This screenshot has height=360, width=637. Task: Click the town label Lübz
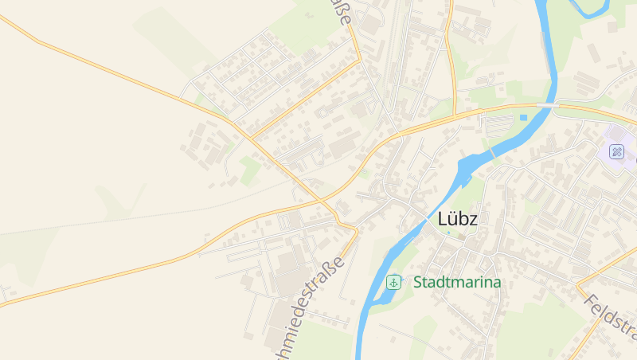(x=458, y=219)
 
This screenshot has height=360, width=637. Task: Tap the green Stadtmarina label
(x=457, y=282)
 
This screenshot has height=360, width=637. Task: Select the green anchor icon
(x=393, y=282)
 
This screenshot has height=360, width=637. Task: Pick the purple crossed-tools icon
(x=616, y=151)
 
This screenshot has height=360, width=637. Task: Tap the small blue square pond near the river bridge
(x=523, y=118)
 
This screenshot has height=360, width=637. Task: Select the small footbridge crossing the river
(x=492, y=151)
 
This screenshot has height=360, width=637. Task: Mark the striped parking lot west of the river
(x=499, y=125)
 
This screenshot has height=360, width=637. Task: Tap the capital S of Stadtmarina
(x=418, y=282)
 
